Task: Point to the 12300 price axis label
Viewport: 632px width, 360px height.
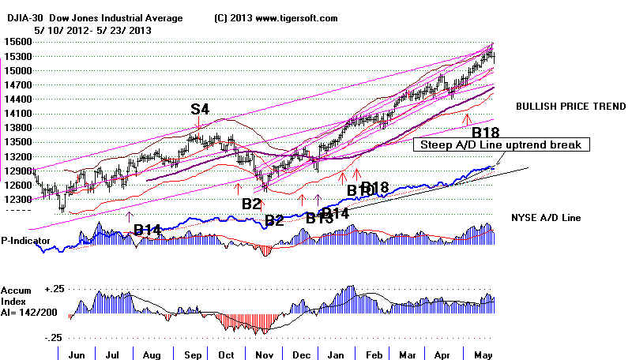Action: pyautogui.click(x=17, y=200)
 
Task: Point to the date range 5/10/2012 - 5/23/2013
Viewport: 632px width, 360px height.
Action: pyautogui.click(x=92, y=29)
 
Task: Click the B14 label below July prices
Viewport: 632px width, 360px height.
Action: pyautogui.click(x=148, y=230)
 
